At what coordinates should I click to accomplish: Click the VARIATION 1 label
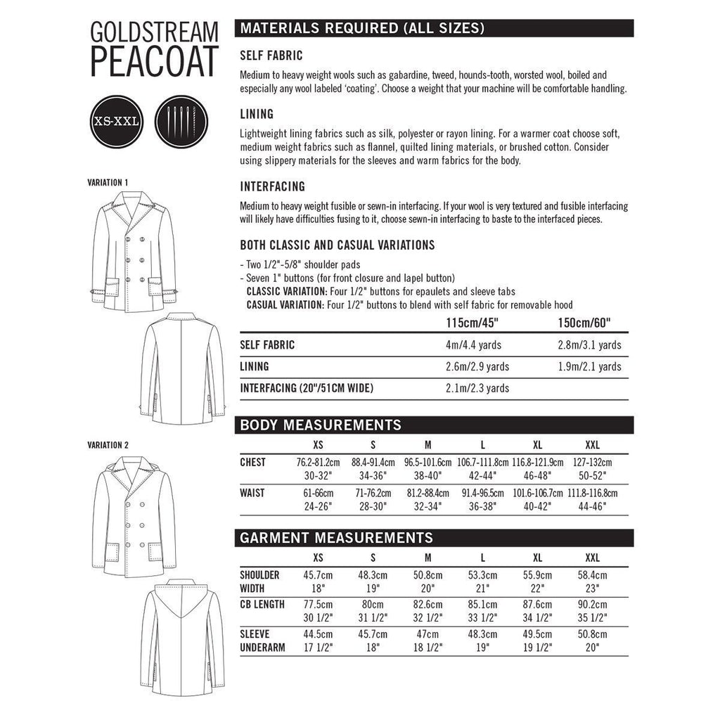pyautogui.click(x=108, y=182)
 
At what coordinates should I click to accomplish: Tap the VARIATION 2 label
pyautogui.click(x=108, y=445)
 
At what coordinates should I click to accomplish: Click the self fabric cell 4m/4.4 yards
pyautogui.click(x=477, y=345)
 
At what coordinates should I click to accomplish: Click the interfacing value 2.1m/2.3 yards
pyautogui.click(x=477, y=387)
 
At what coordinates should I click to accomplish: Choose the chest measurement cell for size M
pyautogui.click(x=427, y=468)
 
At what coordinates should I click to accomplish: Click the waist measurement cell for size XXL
pyautogui.click(x=592, y=499)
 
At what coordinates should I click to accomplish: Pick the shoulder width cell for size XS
pyautogui.click(x=318, y=581)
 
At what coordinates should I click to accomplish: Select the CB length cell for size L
pyautogui.click(x=482, y=610)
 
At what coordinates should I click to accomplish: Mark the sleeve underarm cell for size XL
pyautogui.click(x=537, y=641)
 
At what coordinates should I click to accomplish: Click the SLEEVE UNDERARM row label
pyautogui.click(x=262, y=641)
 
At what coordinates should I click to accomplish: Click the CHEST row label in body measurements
pyautogui.click(x=253, y=462)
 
